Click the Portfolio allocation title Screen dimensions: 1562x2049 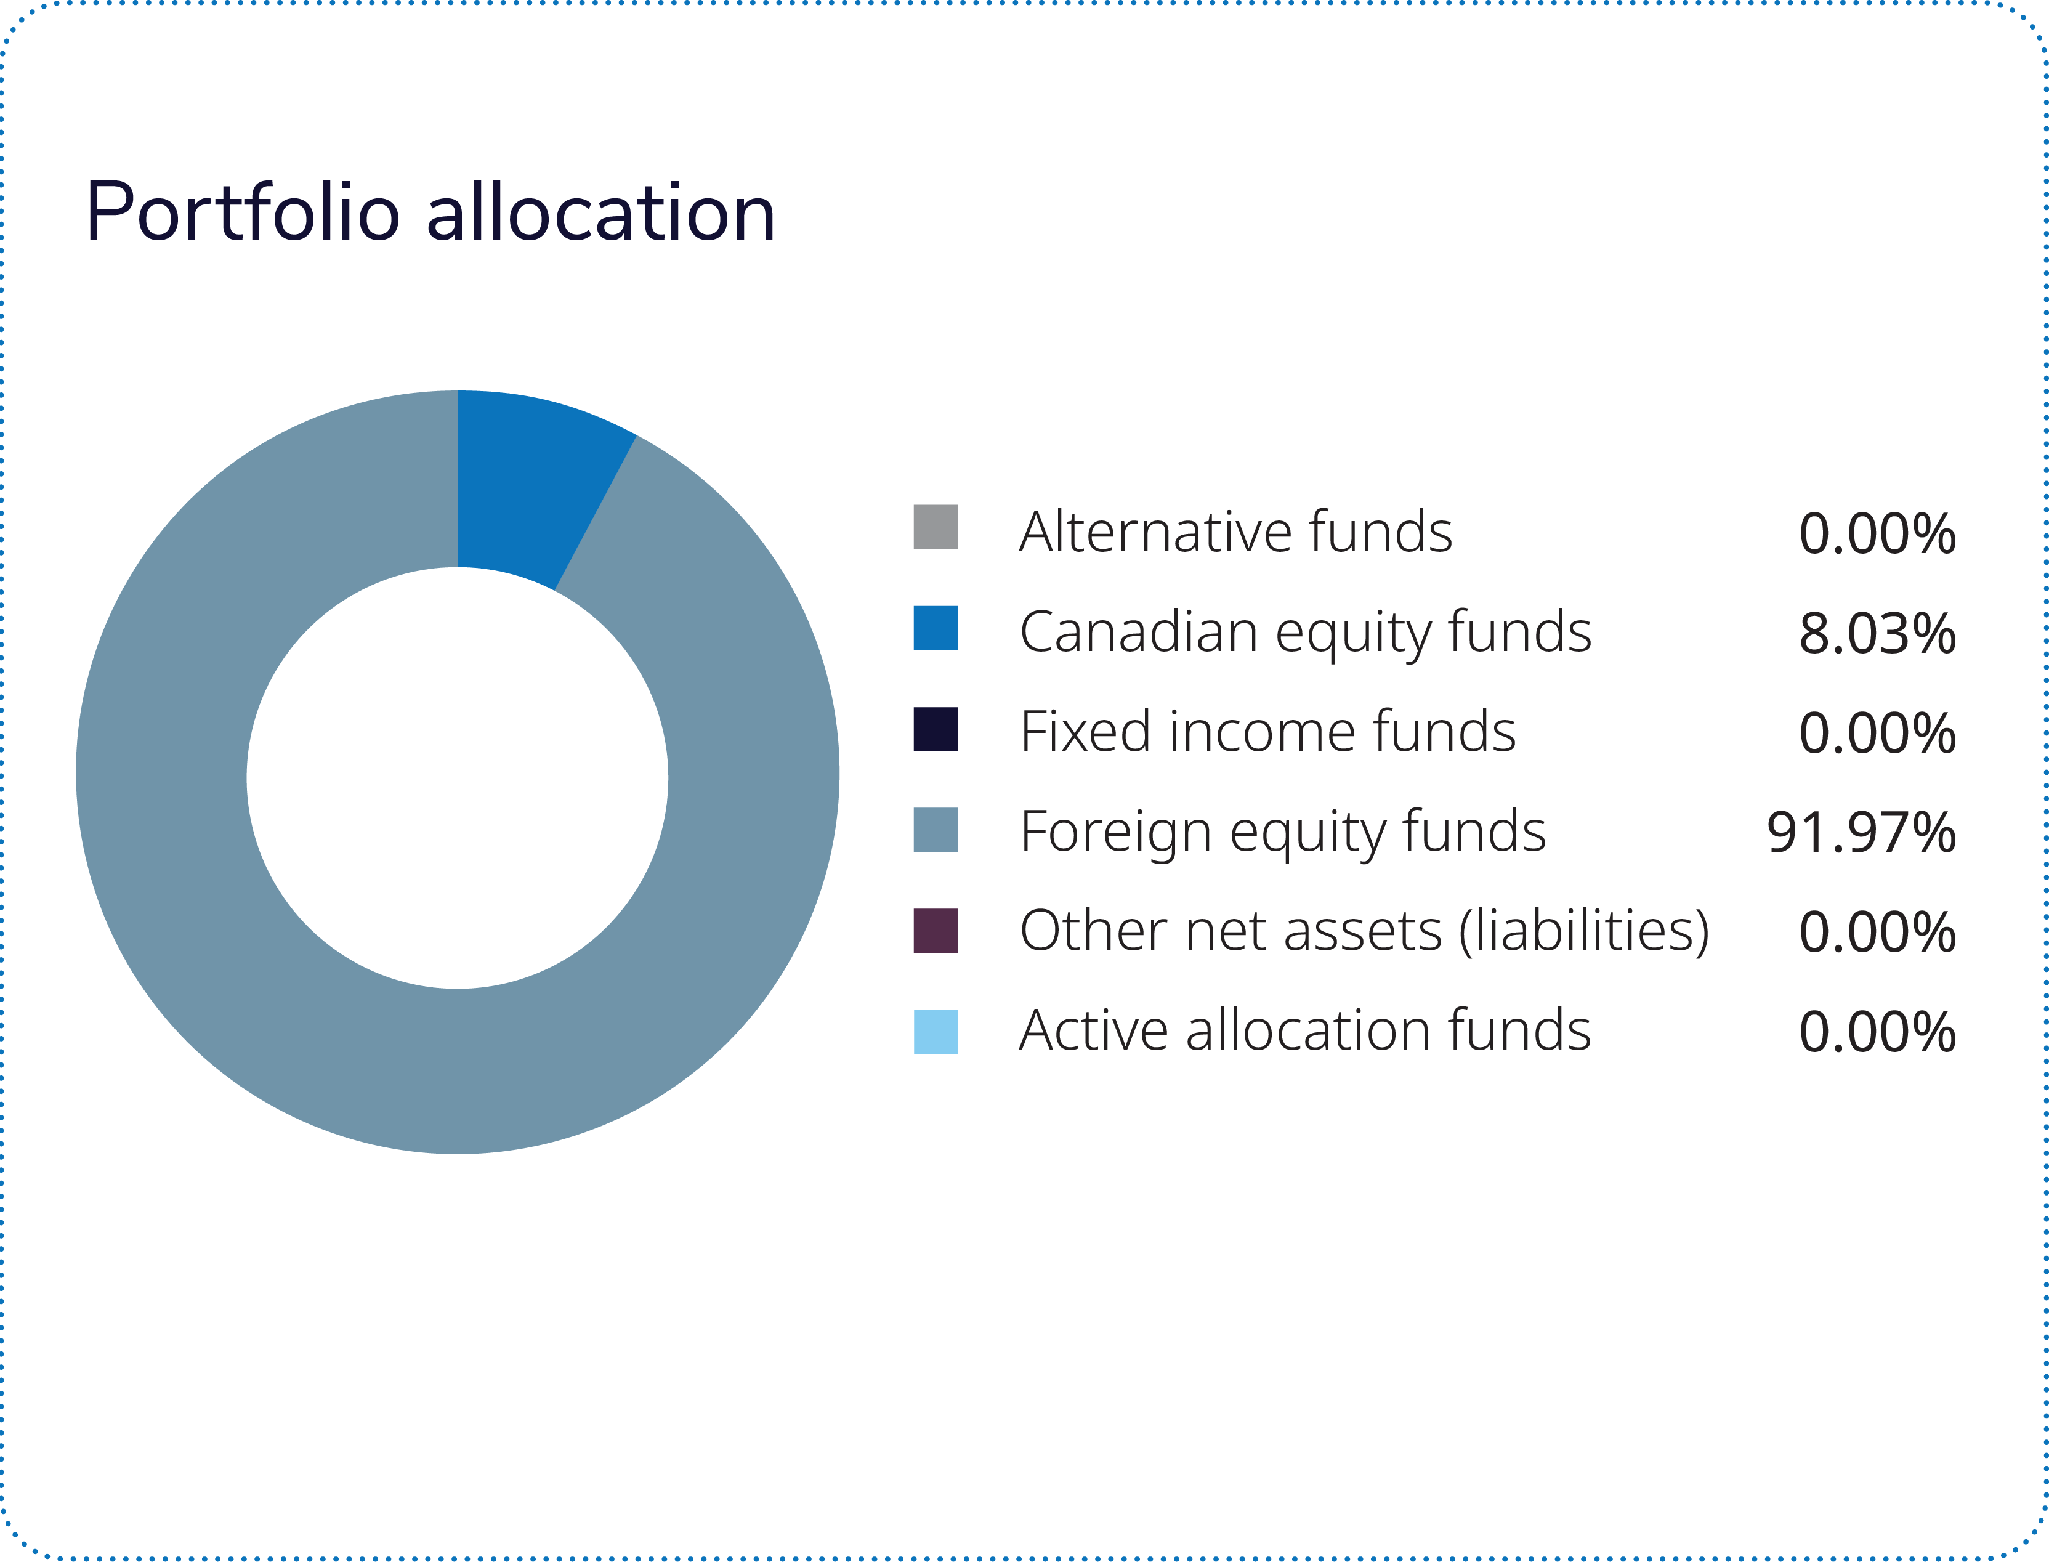(429, 213)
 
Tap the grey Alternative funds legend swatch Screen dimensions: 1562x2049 (936, 527)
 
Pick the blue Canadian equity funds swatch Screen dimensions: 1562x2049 (936, 628)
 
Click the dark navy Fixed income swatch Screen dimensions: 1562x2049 (936, 729)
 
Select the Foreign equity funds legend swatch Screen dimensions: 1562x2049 (936, 829)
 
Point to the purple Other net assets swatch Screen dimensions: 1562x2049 (936, 931)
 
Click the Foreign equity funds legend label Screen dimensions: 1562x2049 (1282, 832)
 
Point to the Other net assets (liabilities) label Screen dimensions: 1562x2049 (1364, 932)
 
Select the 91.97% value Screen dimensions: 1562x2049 (1861, 833)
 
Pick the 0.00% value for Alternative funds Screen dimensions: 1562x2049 (1877, 535)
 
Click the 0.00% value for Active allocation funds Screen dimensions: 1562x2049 (1877, 1032)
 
